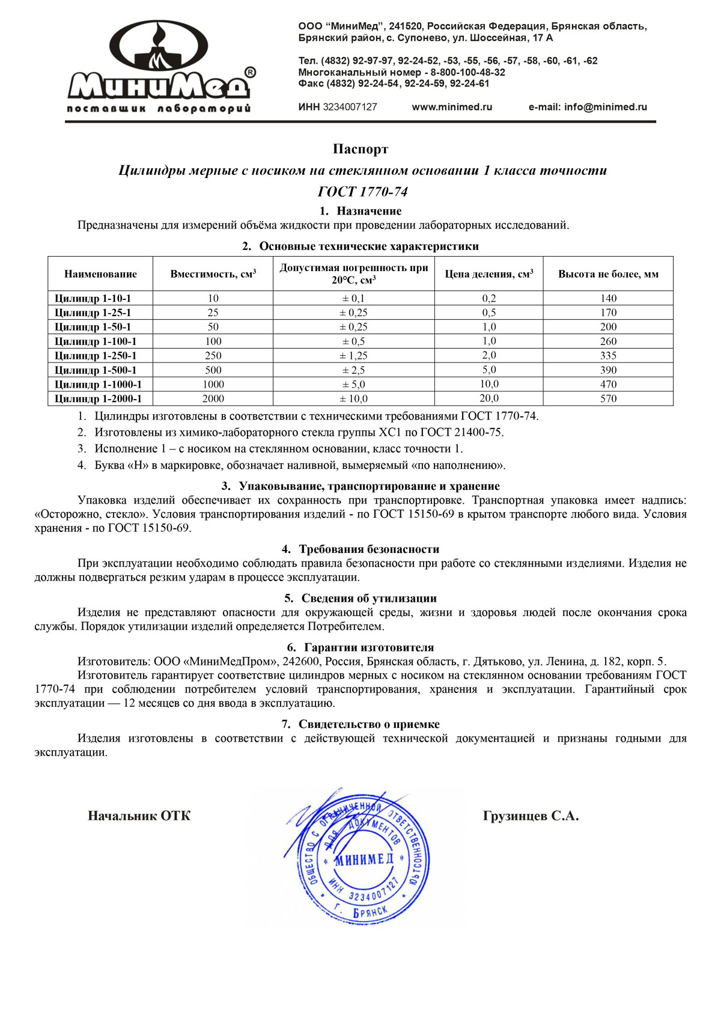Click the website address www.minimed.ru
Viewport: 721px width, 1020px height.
point(452,107)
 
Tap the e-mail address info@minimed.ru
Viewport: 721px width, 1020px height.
point(605,107)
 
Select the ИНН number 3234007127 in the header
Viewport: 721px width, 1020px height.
point(350,107)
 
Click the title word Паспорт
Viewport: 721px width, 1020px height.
point(360,149)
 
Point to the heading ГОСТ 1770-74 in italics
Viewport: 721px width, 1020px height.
point(362,192)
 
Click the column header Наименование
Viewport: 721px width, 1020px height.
point(100,274)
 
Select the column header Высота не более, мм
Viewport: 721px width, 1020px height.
point(608,274)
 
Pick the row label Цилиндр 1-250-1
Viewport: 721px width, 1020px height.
point(96,356)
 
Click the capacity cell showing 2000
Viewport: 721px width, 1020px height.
point(213,399)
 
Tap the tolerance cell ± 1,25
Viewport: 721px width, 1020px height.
point(354,356)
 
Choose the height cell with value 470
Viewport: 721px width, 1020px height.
point(608,384)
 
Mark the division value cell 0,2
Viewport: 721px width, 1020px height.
point(489,298)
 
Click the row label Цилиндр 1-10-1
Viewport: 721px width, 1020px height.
point(93,298)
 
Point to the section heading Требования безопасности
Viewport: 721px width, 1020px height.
point(369,549)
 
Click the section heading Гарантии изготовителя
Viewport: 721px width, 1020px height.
point(369,647)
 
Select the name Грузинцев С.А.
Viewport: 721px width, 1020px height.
point(531,816)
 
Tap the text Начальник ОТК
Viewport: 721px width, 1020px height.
point(139,816)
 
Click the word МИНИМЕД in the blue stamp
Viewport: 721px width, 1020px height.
point(364,859)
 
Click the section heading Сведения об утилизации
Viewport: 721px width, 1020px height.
point(369,598)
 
